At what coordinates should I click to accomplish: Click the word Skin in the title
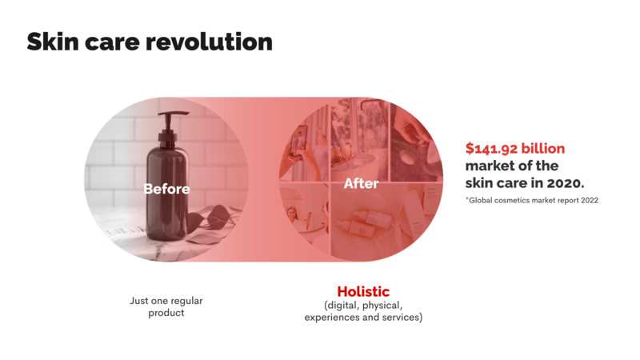(x=53, y=42)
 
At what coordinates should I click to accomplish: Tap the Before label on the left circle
(x=166, y=189)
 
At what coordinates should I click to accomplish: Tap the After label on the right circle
(x=362, y=183)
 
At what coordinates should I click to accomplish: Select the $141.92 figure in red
(x=491, y=149)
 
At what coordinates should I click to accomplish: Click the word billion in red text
(x=543, y=148)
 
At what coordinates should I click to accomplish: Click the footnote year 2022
(x=589, y=201)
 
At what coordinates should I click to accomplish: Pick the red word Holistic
(x=363, y=291)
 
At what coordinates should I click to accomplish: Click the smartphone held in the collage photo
(x=298, y=141)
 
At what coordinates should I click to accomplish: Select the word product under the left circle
(x=166, y=313)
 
